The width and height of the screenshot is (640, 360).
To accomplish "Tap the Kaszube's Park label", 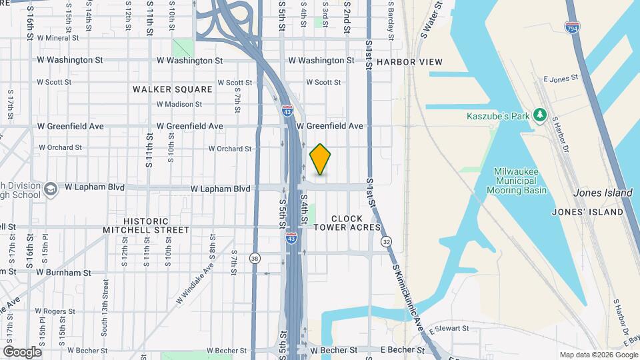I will tap(497, 117).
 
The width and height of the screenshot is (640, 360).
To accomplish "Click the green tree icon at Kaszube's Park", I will tap(540, 117).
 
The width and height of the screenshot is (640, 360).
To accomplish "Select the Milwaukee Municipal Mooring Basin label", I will tap(520, 181).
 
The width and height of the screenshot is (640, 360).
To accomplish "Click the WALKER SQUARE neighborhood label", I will tap(172, 89).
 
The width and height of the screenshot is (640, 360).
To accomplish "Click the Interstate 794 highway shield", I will tap(573, 27).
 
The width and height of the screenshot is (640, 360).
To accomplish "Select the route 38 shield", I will tap(255, 258).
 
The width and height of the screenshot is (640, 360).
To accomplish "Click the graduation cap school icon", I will tap(50, 189).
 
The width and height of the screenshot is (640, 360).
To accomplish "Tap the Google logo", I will tap(22, 351).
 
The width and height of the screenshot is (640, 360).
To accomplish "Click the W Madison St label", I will tap(179, 104).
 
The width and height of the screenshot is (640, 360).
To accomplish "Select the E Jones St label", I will tap(560, 79).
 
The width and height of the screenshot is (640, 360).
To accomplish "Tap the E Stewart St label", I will tap(449, 329).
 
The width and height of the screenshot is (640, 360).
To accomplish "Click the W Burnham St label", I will tap(63, 273).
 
